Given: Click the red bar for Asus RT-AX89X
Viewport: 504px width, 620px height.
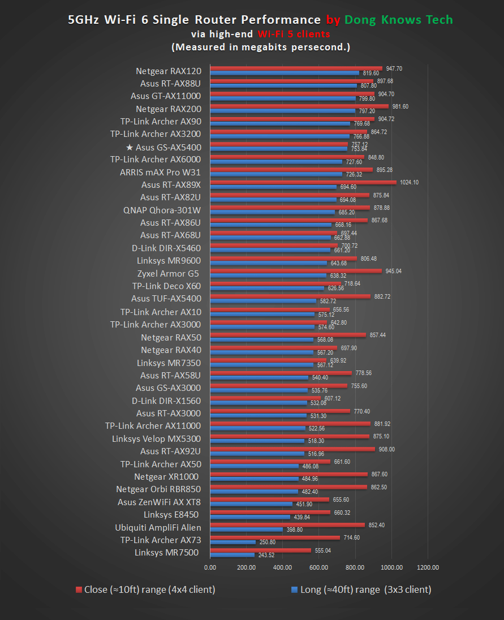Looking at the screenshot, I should [303, 182].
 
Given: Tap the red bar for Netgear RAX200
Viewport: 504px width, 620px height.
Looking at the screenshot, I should [299, 106].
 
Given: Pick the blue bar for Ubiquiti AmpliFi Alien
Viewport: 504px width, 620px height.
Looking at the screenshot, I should [246, 529].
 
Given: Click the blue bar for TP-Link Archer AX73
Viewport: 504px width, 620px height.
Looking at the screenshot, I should [232, 542].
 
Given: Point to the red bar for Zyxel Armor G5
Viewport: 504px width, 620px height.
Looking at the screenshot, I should [296, 271].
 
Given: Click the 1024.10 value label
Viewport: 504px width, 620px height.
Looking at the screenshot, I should [409, 182].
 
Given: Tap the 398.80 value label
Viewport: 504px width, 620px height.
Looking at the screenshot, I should [295, 529].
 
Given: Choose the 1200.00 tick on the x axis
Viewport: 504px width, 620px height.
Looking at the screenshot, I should [427, 567].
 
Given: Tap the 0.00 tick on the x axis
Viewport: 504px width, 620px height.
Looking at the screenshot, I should [210, 567].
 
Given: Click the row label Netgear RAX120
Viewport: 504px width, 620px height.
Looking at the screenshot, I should [169, 71].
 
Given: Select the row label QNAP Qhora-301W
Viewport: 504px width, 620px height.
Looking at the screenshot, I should [162, 210].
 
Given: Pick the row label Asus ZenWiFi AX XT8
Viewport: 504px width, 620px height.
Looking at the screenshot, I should [159, 502].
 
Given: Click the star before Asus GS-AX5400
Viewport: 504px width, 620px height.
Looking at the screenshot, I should [130, 147].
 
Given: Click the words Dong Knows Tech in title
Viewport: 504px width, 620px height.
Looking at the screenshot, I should [399, 20].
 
